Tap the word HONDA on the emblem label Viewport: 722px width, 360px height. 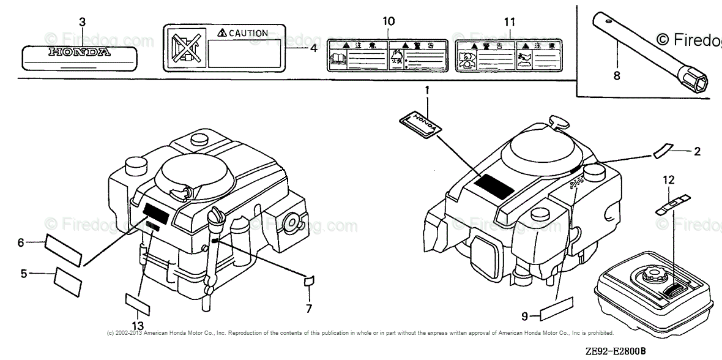coord(80,53)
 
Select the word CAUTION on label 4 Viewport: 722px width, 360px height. coord(244,34)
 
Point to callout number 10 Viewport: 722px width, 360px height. coord(389,22)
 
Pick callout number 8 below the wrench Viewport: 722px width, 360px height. coord(616,76)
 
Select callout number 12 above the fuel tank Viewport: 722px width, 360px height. coord(669,179)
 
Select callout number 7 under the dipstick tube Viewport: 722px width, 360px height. coord(309,307)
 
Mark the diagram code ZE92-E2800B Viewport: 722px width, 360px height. coord(615,352)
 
